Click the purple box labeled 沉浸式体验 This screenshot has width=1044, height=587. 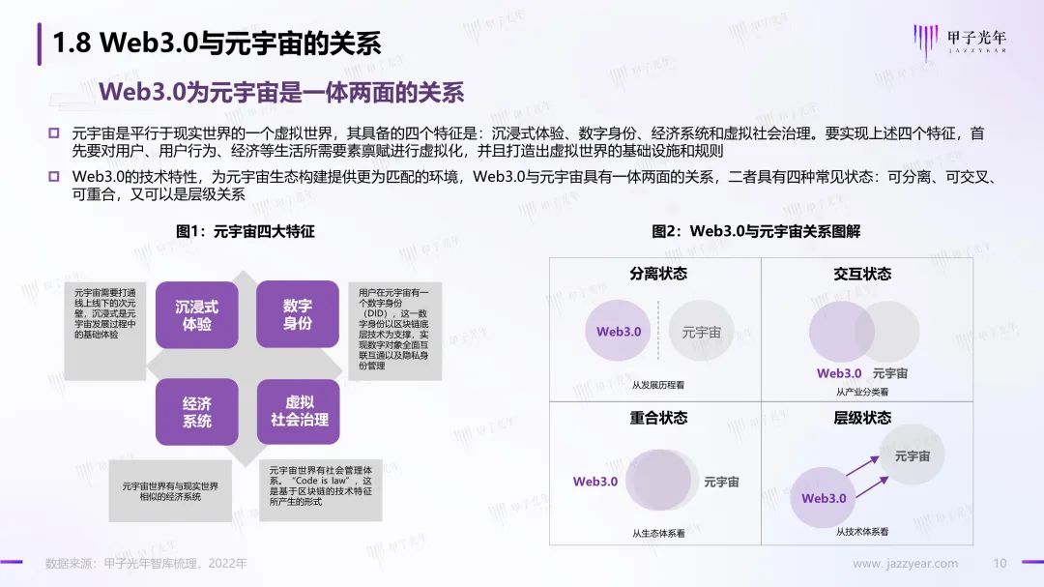(197, 315)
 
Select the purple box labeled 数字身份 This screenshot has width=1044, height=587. (298, 314)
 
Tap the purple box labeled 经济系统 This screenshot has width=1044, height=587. (197, 412)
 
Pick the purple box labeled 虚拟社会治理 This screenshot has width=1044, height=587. (299, 411)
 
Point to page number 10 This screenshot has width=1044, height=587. (1000, 563)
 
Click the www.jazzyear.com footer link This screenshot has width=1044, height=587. (905, 564)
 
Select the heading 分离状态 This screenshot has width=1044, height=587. (658, 274)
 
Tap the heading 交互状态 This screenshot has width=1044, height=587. (862, 274)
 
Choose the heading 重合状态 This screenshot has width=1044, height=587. (658, 418)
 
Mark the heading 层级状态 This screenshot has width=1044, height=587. (862, 418)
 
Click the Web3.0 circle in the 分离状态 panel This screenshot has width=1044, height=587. (618, 331)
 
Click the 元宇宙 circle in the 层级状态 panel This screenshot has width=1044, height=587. (912, 455)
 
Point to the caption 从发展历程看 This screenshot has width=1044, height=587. (658, 385)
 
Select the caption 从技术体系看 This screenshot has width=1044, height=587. (862, 532)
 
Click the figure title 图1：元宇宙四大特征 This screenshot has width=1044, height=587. (245, 231)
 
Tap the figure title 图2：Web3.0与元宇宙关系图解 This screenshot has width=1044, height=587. (756, 231)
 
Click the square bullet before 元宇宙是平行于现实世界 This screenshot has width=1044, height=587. (54, 133)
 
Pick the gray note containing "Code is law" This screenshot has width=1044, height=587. (321, 489)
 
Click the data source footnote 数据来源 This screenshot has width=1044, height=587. (146, 564)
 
